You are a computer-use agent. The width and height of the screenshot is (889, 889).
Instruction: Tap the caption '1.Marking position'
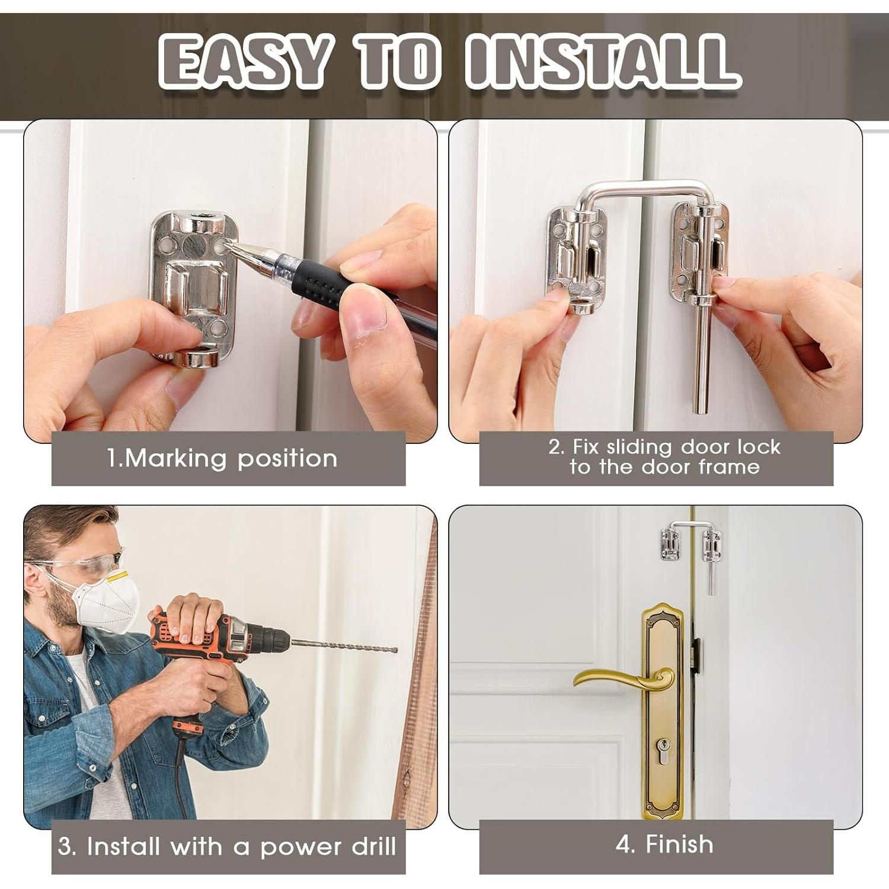(222, 458)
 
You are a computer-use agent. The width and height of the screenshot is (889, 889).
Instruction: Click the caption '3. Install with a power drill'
(227, 846)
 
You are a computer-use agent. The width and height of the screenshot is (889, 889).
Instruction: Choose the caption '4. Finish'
(664, 844)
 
